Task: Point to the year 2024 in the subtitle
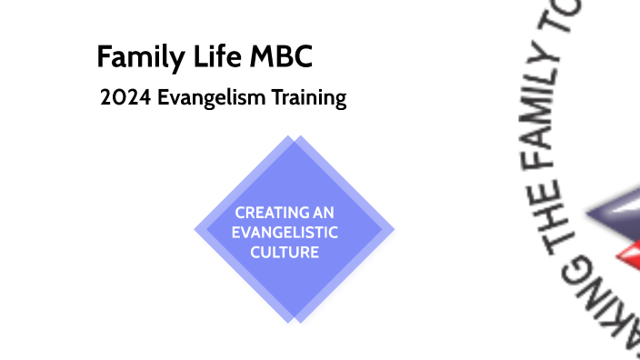tap(126, 98)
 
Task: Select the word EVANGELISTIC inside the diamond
tap(285, 233)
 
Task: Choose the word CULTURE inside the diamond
tap(285, 252)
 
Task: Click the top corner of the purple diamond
tap(294, 136)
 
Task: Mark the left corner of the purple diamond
tap(195, 230)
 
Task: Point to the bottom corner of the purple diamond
tap(293, 323)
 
